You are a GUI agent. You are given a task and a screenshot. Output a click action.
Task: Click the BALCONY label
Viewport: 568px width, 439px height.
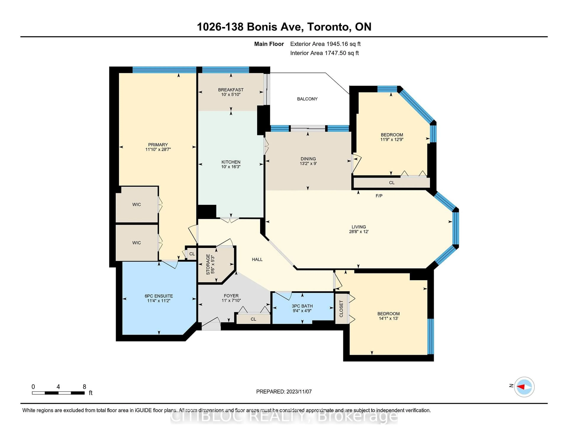point(307,99)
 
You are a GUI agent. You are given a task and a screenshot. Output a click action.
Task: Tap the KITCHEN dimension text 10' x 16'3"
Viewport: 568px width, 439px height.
point(231,167)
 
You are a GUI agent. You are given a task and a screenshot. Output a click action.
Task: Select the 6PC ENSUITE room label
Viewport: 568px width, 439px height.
point(159,296)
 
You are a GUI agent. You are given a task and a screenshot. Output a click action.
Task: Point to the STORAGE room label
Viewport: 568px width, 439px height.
point(208,264)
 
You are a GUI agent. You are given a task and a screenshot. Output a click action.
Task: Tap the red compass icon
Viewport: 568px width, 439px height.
point(524,387)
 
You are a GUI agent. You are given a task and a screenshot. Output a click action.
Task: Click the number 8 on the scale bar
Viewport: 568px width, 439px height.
point(84,387)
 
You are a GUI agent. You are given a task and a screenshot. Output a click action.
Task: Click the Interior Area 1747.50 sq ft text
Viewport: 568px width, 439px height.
point(324,53)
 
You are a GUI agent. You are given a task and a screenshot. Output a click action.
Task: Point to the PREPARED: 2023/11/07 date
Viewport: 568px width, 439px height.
point(284,392)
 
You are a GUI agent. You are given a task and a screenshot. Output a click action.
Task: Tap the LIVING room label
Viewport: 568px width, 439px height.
point(359,227)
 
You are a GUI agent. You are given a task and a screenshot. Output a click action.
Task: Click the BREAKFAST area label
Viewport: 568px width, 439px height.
point(231,90)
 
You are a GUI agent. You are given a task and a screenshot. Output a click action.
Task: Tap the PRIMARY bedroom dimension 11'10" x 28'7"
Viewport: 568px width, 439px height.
point(158,150)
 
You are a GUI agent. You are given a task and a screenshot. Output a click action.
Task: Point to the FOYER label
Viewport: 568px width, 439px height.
point(231,296)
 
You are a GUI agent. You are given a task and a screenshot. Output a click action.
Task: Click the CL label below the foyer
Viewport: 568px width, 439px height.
point(253,319)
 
